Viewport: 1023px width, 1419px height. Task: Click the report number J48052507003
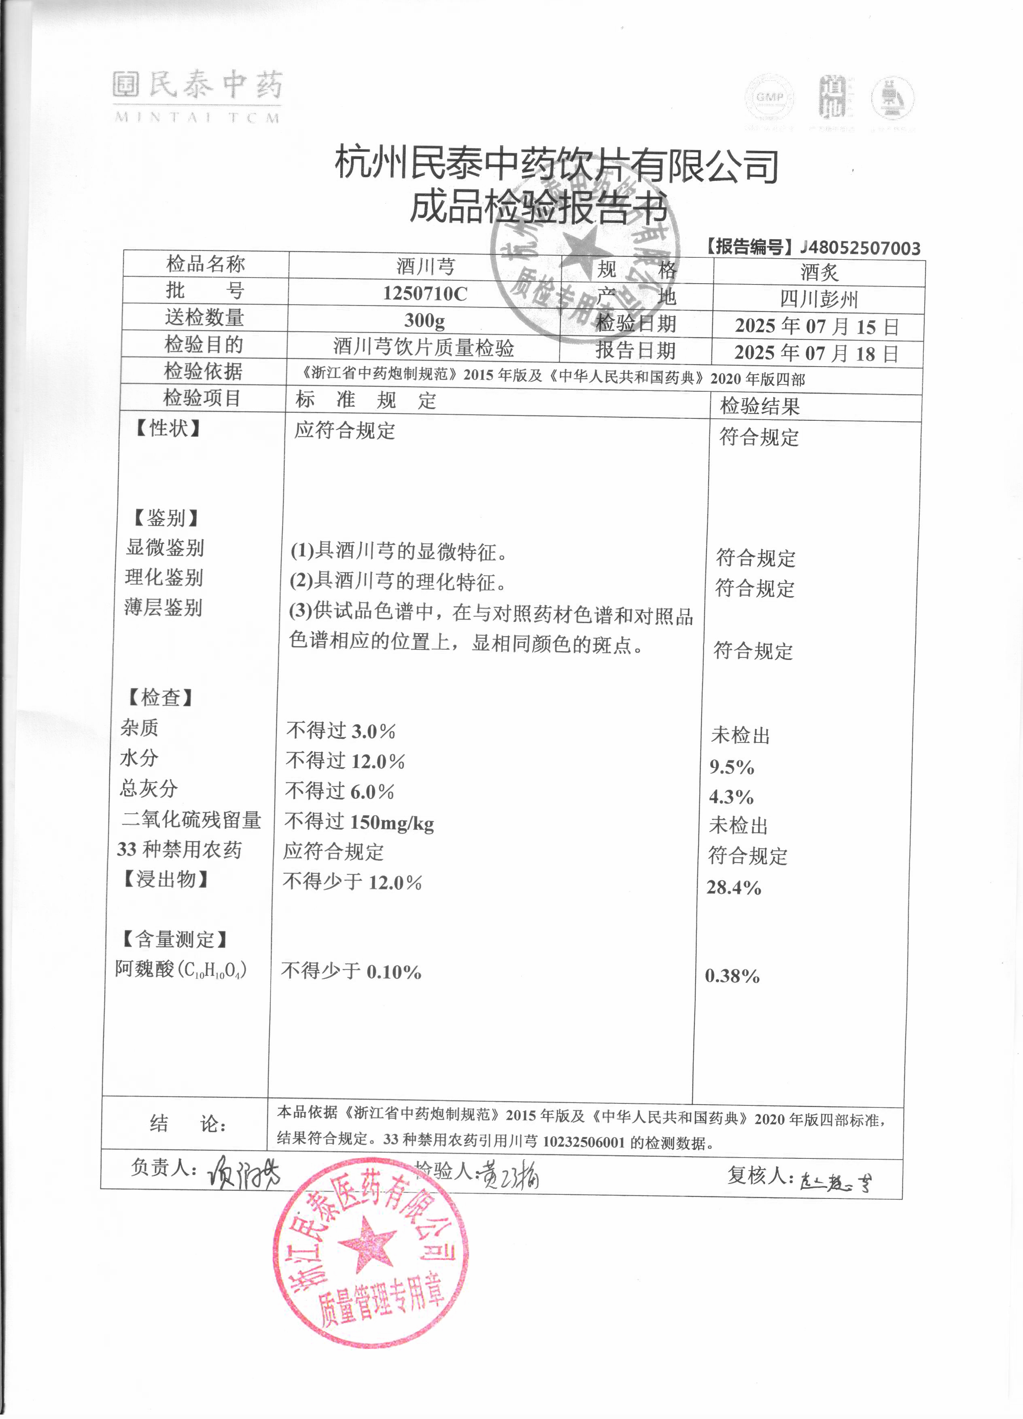click(x=860, y=248)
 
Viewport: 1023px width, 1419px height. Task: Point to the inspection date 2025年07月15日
click(x=817, y=327)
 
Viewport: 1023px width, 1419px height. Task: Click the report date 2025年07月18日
click(x=817, y=354)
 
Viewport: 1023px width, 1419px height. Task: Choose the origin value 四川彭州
click(x=818, y=300)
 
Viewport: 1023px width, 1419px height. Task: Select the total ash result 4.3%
click(x=731, y=797)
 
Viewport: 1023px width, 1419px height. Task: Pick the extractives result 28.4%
click(x=733, y=887)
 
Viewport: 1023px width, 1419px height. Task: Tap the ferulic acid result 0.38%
click(x=732, y=976)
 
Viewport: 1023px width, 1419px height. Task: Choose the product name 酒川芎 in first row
click(x=425, y=267)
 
